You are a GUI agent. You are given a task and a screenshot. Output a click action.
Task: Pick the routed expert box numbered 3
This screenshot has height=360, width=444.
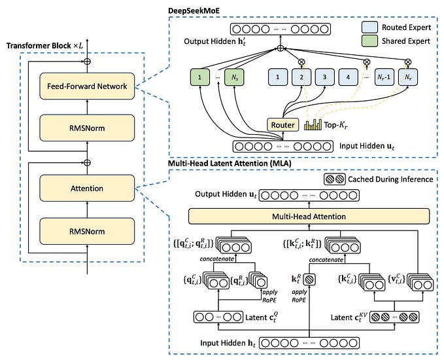[x=321, y=77]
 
